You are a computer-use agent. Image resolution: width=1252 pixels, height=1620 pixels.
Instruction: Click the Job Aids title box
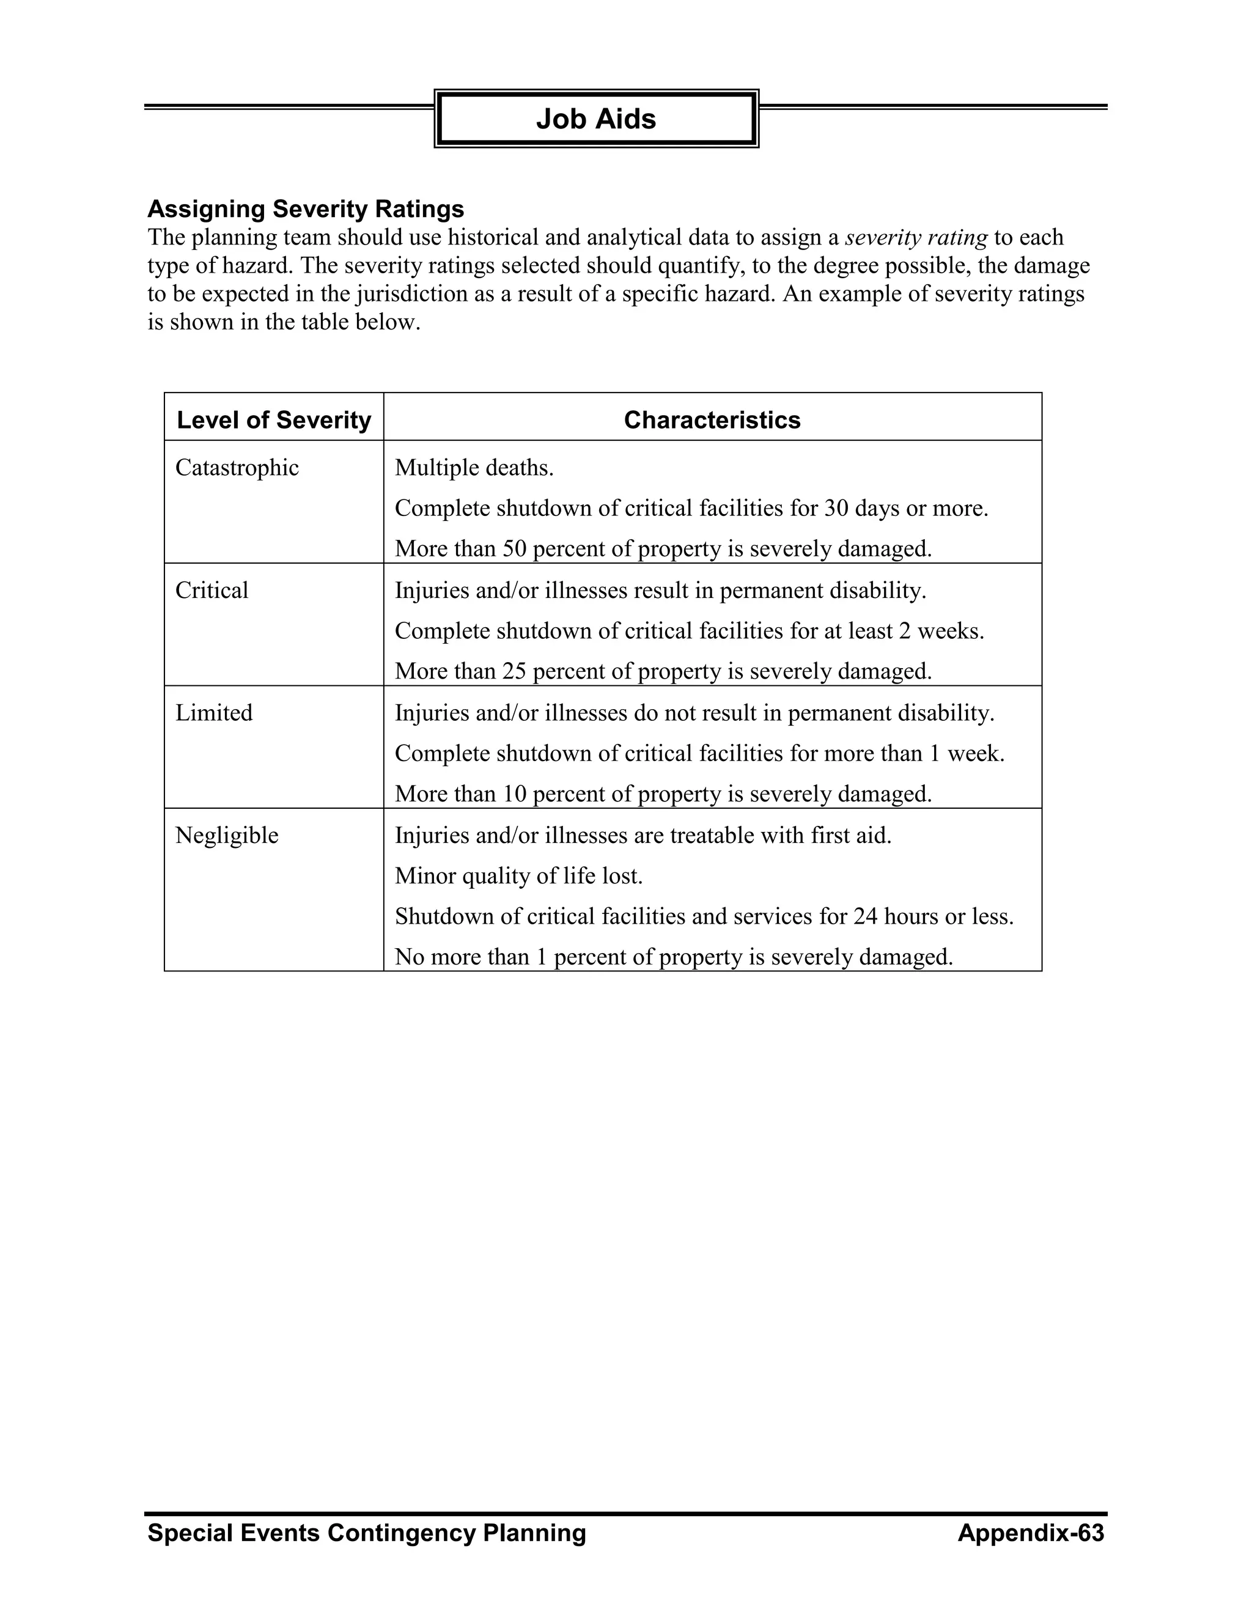(595, 119)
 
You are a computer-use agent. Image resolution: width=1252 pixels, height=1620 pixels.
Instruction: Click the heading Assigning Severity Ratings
(306, 209)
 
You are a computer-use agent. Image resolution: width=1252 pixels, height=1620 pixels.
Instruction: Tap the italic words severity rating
(915, 238)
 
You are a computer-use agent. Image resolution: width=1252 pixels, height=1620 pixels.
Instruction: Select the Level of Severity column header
(274, 420)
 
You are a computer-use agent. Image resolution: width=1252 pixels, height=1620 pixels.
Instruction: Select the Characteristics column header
(712, 420)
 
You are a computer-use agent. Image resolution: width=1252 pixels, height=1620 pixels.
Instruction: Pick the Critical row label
(212, 591)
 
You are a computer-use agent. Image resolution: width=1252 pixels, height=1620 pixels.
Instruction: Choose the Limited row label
(213, 713)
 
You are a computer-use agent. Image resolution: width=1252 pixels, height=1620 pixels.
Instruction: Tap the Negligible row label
(226, 835)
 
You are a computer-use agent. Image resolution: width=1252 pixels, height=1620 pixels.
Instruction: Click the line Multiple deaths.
(474, 468)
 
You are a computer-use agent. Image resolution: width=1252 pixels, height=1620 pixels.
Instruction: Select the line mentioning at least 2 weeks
(689, 631)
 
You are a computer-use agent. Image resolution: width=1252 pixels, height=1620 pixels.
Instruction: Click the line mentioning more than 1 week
(699, 754)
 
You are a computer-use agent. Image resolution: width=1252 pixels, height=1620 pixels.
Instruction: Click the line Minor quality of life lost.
(518, 876)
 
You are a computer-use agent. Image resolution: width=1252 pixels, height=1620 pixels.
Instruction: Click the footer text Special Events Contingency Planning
(366, 1533)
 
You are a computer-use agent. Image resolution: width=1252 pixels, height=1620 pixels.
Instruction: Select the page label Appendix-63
(1030, 1533)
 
